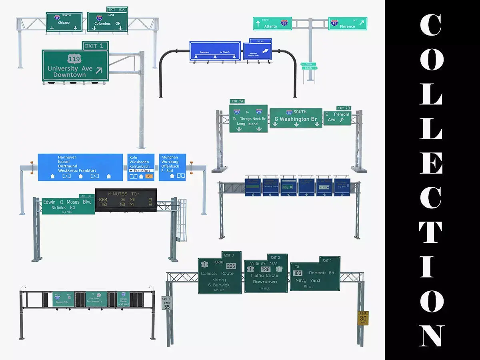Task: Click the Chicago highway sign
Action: tap(64, 22)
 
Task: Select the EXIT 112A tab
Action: tap(117, 9)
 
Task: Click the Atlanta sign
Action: tap(272, 24)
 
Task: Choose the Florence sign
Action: tap(348, 24)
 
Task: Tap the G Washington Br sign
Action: tap(296, 118)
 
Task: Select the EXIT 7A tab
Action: tap(237, 102)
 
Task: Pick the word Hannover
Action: tap(67, 158)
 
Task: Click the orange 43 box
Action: tap(149, 176)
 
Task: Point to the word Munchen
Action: tap(170, 158)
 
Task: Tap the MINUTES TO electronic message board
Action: tap(126, 200)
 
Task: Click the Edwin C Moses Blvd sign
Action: tap(68, 206)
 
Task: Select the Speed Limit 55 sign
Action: tap(166, 303)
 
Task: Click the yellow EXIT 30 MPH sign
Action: tap(363, 318)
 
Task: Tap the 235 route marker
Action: tap(231, 266)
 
